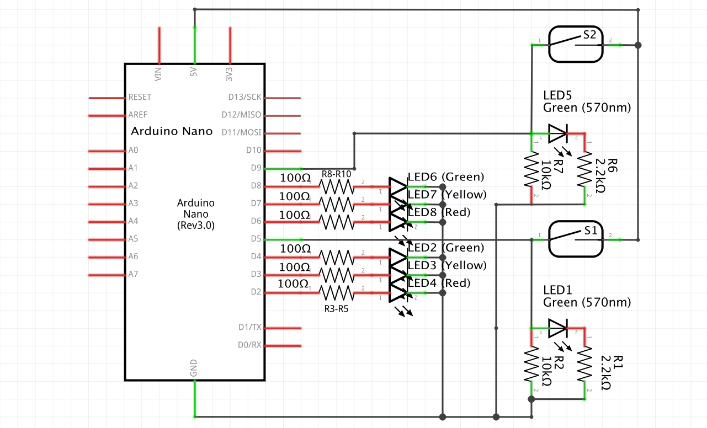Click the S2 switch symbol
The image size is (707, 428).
click(x=575, y=45)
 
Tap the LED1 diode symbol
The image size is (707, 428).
click(x=557, y=329)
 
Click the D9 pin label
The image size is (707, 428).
click(x=254, y=168)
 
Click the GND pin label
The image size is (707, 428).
click(x=194, y=368)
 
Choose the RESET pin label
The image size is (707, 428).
click(x=140, y=97)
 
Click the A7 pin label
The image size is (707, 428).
click(x=133, y=274)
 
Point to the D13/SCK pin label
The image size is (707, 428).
click(x=244, y=97)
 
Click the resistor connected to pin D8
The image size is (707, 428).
click(x=337, y=186)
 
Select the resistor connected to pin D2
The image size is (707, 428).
click(x=337, y=292)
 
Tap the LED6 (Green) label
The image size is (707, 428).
click(x=446, y=176)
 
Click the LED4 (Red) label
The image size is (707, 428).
click(x=439, y=283)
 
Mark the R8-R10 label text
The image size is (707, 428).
click(x=336, y=174)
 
